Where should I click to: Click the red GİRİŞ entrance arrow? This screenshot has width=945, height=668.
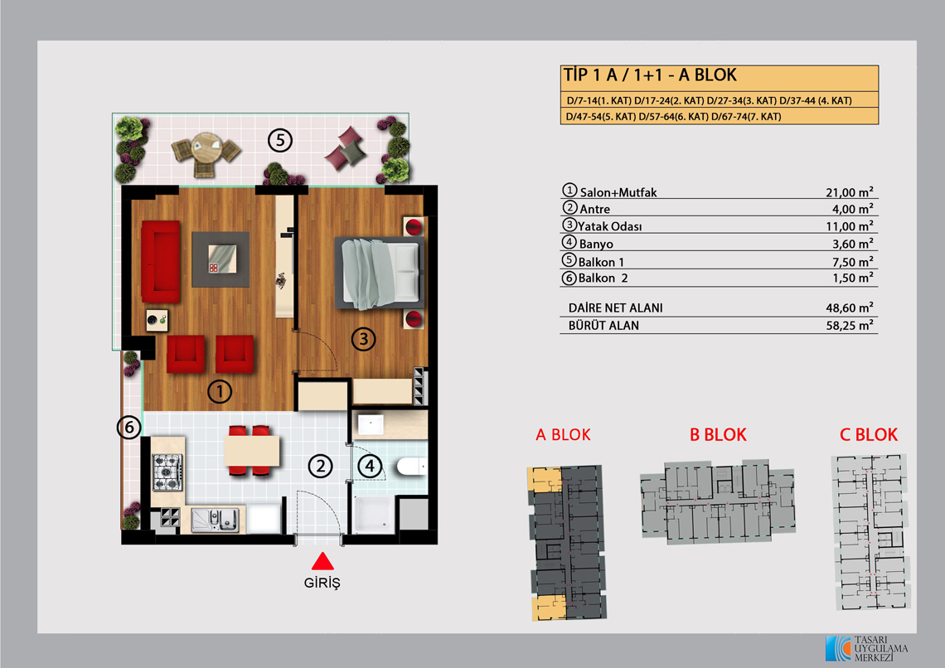point(322,561)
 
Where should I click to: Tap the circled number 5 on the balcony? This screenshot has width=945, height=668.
point(280,140)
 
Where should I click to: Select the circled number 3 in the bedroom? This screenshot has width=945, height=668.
point(363,339)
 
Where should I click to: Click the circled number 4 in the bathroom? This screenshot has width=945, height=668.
point(370,466)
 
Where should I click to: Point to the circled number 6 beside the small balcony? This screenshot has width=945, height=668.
point(129,428)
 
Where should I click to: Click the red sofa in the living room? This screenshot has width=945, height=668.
point(160,261)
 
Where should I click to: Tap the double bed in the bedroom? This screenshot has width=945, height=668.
point(380,273)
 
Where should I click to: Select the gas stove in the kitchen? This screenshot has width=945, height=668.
point(167,472)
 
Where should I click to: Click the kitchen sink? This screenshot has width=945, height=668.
point(216,520)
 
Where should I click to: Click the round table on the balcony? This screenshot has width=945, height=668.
point(207,148)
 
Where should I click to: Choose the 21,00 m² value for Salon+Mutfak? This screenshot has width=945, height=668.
point(849,192)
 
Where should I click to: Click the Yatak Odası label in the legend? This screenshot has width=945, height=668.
point(610,226)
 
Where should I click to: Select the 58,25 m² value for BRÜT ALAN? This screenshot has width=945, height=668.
point(850,325)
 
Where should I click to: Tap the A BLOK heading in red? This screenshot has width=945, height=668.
point(563,435)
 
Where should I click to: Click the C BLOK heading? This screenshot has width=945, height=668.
point(869,435)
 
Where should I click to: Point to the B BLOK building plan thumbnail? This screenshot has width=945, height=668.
point(718,502)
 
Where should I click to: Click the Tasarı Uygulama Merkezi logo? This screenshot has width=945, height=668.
point(866,649)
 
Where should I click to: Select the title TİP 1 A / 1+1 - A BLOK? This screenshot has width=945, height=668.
point(650,75)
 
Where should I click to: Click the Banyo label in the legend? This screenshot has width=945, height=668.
point(596,244)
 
